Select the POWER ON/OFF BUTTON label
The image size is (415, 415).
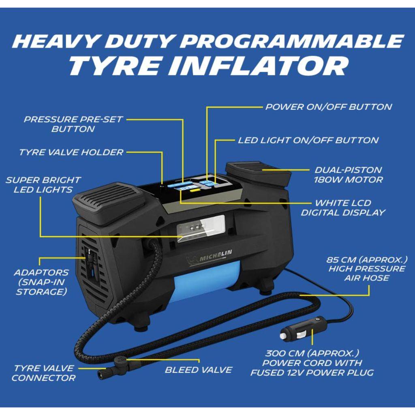(328, 107)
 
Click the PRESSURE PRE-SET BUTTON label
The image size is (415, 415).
(73, 124)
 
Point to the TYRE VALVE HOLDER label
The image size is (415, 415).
(71, 152)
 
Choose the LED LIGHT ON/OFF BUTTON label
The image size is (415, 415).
(308, 140)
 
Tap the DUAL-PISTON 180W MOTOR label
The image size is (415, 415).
(348, 175)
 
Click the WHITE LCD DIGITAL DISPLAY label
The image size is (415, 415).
(343, 208)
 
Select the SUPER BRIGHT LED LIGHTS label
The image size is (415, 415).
(43, 185)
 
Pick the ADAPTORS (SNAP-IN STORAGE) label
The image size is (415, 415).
(41, 282)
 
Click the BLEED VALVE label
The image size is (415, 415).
(199, 370)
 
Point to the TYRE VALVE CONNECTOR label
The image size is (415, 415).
(43, 373)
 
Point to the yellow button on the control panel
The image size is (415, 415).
(195, 190)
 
